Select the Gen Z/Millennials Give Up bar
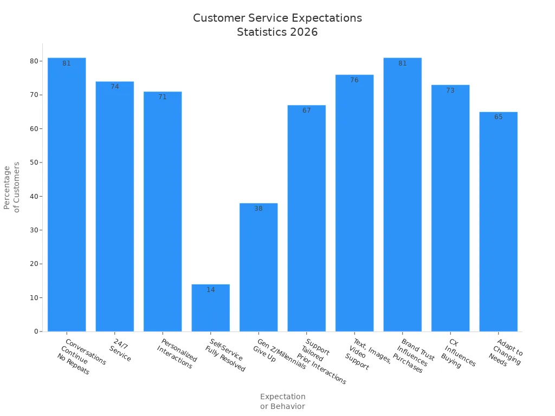tap(259, 271)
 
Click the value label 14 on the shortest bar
tap(210, 290)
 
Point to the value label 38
tap(259, 209)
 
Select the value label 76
tap(354, 80)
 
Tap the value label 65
tap(498, 117)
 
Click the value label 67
tap(307, 110)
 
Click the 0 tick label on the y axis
tap(36, 331)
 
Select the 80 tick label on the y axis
tap(34, 61)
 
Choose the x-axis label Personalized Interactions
tap(177, 354)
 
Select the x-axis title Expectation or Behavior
tap(282, 401)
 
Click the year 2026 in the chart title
tap(304, 32)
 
